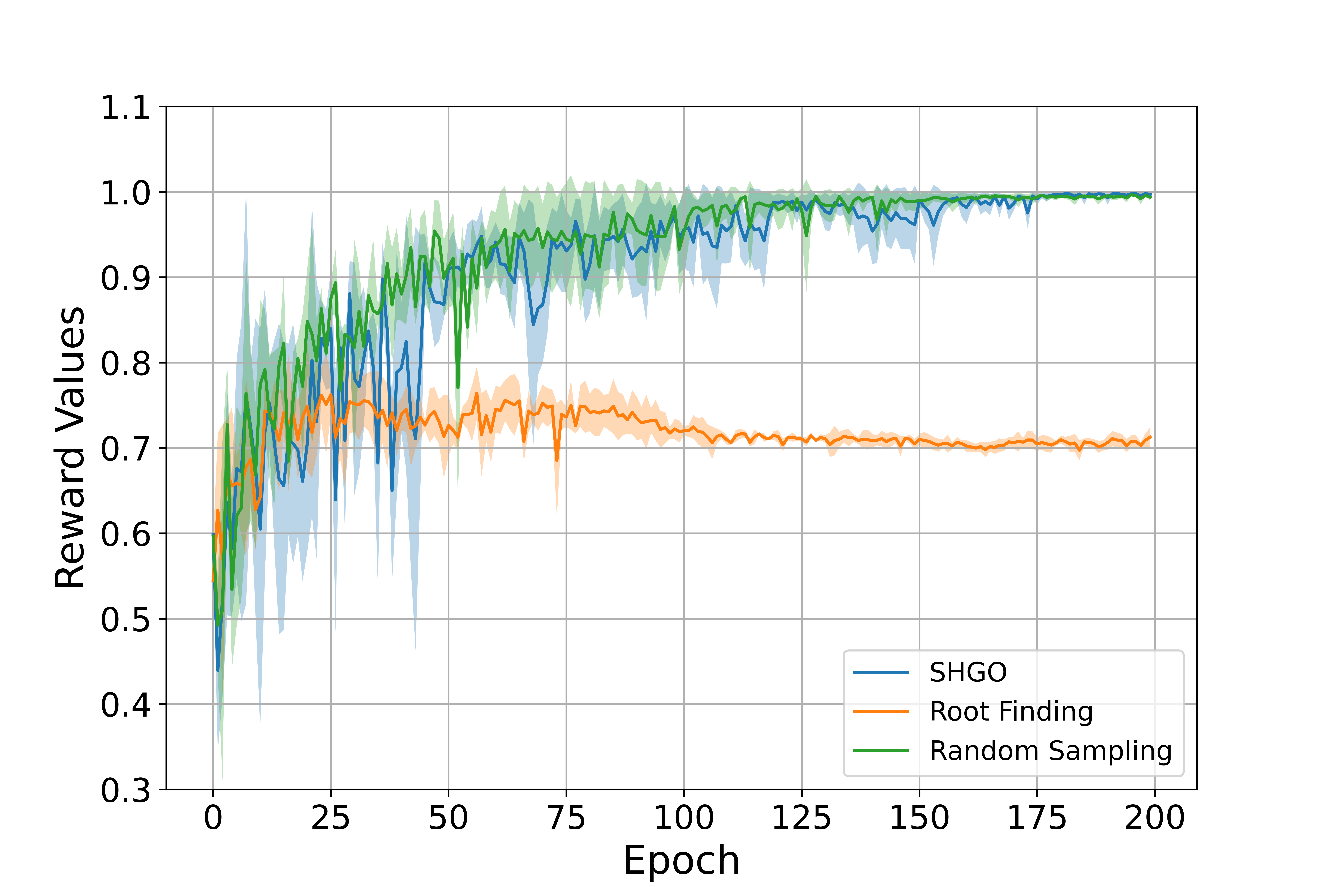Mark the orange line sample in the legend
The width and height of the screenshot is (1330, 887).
pos(881,712)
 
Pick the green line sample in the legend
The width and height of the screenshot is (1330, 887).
pos(881,751)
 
